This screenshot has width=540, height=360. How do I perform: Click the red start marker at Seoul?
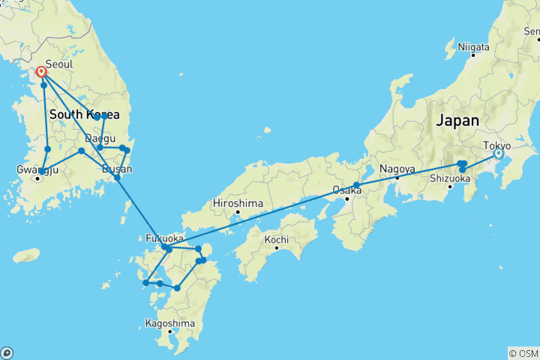pos(41,73)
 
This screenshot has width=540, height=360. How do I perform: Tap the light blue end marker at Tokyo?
pos(497,154)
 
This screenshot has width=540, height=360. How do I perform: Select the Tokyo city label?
pos(496,145)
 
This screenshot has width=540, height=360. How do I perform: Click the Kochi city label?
pos(277,239)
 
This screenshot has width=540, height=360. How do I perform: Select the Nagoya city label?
pos(397,168)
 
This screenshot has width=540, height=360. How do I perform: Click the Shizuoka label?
pos(449,178)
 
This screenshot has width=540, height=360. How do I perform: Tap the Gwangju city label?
pos(37,169)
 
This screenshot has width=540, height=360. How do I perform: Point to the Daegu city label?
pos(100,139)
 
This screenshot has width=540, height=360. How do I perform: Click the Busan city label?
pos(118,169)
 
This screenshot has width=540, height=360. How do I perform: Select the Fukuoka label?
pos(164,239)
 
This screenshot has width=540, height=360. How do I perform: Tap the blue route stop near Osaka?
pos(357,185)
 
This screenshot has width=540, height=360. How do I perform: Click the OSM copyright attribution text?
pos(523,352)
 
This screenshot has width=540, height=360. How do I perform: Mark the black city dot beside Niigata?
pos(473,55)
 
